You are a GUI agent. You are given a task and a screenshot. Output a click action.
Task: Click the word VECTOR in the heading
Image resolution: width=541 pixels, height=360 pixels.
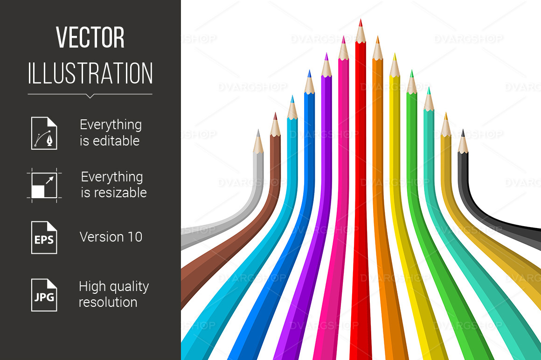pos(90,37)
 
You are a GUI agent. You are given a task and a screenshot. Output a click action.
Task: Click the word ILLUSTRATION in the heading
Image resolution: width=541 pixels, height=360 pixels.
pos(90,73)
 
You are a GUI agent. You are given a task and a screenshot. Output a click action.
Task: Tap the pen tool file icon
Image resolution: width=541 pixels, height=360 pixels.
pos(44,133)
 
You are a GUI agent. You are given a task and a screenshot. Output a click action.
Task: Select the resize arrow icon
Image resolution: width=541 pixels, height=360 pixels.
pos(44,185)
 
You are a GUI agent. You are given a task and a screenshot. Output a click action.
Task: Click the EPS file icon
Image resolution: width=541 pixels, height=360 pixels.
pos(44,237)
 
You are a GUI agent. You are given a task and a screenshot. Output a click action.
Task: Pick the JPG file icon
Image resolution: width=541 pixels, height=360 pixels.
pos(44,295)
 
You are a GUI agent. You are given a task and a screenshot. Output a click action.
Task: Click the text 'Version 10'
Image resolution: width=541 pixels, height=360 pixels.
pos(111,237)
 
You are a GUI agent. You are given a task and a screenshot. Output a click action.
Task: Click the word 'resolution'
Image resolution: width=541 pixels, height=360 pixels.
pos(108,303)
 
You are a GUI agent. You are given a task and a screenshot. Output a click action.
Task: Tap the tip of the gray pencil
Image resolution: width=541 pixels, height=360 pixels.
pos(258,130)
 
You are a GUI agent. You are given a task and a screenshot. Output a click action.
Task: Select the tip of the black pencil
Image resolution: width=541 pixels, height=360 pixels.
pos(463,130)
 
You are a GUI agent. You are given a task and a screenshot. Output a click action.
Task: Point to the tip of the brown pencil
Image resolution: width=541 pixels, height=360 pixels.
pos(275,113)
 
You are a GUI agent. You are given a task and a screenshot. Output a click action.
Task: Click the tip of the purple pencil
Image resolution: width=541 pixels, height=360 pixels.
pos(326,54)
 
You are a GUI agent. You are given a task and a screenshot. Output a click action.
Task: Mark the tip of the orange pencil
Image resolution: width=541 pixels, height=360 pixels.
pos(377,36)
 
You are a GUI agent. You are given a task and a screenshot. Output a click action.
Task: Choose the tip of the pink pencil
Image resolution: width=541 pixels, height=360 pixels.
pos(343,36)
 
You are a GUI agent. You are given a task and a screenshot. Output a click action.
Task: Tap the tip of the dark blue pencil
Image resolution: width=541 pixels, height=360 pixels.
pos(309,70)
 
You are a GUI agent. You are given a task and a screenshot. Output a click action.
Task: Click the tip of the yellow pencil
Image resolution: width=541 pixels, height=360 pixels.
pos(395,54)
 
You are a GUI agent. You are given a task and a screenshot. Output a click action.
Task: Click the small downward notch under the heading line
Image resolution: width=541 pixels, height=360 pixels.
pos(90,96)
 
